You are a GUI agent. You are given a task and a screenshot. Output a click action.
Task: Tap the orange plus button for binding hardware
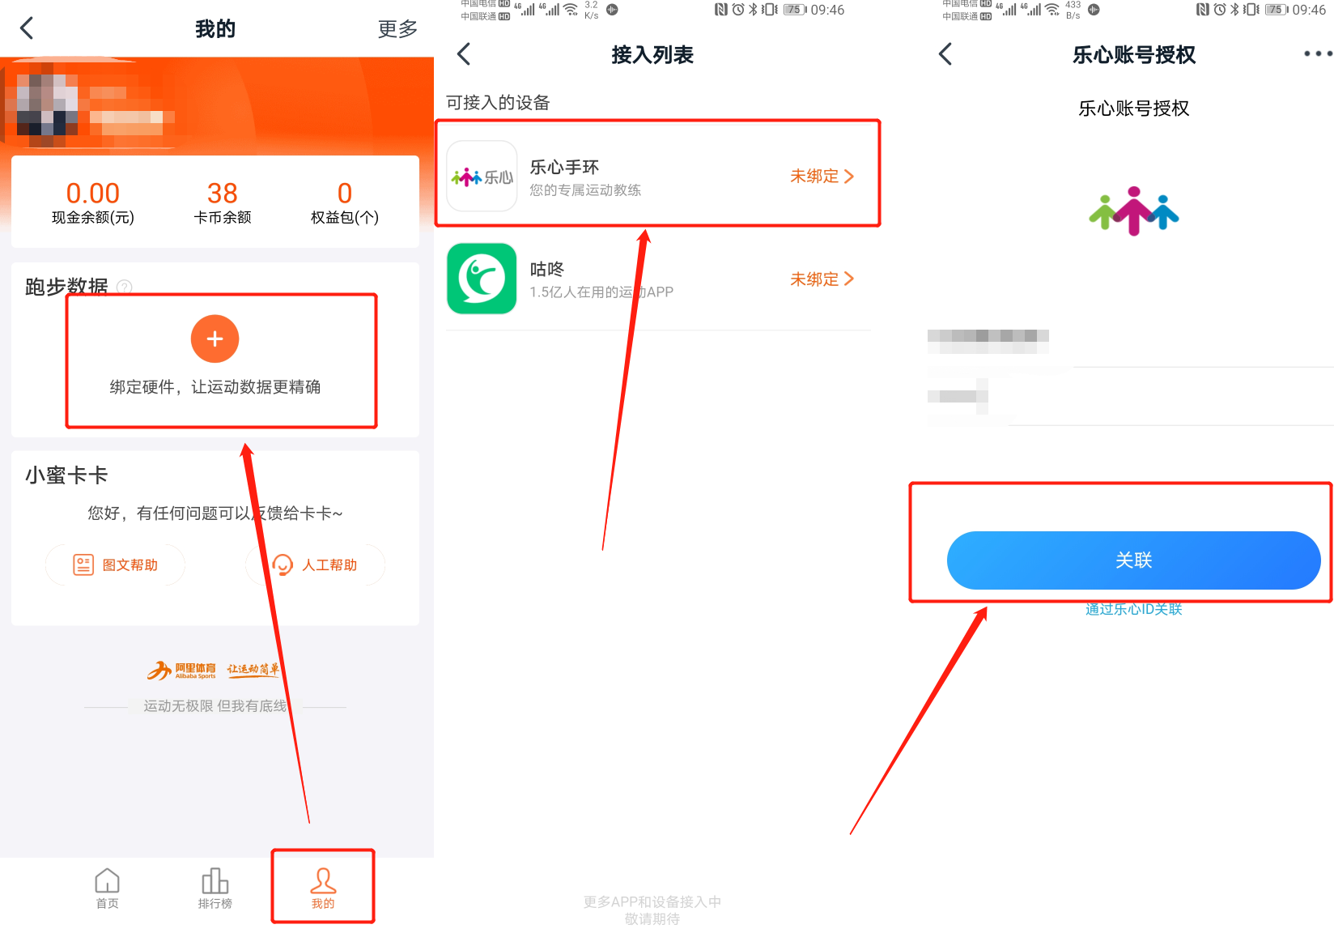point(215,339)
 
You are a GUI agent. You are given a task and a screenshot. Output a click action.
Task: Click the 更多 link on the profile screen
point(397,29)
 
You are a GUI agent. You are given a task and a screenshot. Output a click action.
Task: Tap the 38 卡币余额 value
point(222,194)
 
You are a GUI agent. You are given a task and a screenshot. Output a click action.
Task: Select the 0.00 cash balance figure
point(93,194)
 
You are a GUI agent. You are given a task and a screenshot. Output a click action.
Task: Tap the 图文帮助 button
point(116,564)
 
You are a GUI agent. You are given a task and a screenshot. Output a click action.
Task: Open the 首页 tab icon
point(107,881)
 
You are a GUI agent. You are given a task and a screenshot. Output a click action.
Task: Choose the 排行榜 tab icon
point(215,881)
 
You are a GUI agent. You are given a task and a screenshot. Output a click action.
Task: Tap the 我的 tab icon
point(323,881)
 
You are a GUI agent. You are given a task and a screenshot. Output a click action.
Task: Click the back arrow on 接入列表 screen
point(464,54)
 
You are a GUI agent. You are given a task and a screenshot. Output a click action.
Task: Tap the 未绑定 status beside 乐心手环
point(821,177)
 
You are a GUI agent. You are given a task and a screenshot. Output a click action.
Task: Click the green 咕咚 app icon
point(482,279)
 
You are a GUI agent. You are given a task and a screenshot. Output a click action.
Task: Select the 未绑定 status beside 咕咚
point(821,279)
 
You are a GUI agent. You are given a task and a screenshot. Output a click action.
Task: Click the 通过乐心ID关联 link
point(1133,609)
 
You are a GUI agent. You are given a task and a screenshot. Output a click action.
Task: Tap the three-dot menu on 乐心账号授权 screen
point(1317,53)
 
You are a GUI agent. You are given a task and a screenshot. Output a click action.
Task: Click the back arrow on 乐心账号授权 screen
point(945,54)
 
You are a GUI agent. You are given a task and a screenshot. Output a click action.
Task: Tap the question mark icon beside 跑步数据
point(125,287)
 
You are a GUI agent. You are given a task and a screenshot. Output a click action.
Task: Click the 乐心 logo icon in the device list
point(482,177)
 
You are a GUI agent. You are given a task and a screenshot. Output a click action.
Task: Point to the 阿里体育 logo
point(182,670)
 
